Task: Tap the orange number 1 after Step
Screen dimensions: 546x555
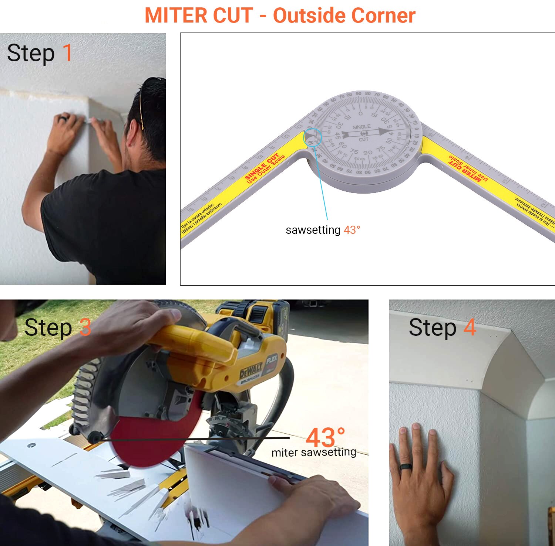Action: (67, 53)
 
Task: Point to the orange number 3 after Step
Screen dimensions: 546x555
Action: (85, 327)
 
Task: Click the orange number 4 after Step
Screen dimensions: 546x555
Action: (470, 327)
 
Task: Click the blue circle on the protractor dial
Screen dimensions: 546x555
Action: (313, 137)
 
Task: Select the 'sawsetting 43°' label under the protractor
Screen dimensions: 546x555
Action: (323, 230)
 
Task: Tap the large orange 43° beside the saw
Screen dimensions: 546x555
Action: (325, 438)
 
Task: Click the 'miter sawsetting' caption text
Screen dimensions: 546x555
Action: (314, 453)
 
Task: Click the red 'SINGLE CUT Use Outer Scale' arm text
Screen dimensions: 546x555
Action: (265, 168)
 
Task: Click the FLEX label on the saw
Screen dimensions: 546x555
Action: (272, 359)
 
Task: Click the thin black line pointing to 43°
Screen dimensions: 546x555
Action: (192, 439)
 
